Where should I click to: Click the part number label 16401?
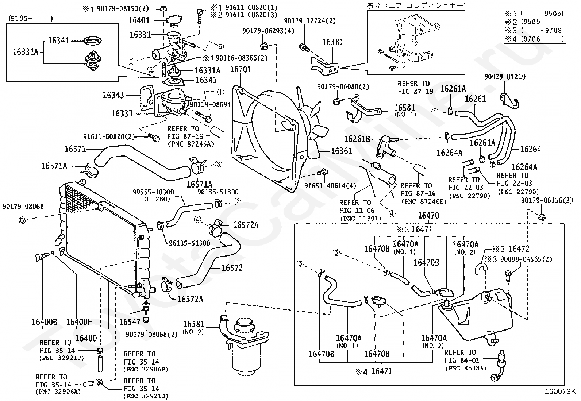tap(139, 20)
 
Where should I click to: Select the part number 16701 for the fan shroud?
tap(241, 69)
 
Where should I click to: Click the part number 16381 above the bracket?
tap(332, 42)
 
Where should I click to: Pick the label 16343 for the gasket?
tap(113, 95)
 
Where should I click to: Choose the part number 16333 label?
tap(122, 113)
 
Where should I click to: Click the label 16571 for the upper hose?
tap(75, 149)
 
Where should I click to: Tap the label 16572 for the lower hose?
tap(232, 268)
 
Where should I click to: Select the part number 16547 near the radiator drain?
tap(130, 322)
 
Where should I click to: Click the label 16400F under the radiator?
tap(79, 322)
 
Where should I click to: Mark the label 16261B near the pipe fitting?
tap(357, 139)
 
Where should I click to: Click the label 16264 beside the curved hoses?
tap(530, 149)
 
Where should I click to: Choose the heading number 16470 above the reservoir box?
tap(428, 216)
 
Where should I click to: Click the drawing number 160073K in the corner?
tap(560, 392)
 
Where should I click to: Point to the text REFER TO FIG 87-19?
tap(413, 88)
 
